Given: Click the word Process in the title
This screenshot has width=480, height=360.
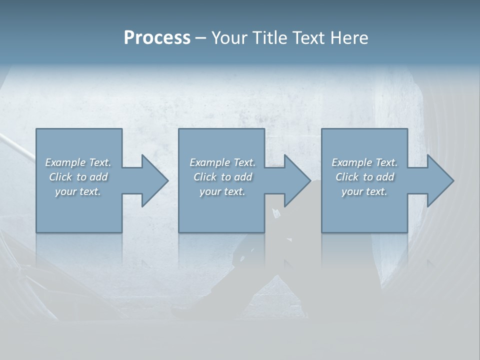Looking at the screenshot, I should (x=157, y=38).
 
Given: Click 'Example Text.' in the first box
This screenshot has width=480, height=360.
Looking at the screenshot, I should (x=78, y=162).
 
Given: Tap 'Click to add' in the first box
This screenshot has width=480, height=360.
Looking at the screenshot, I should (x=78, y=177).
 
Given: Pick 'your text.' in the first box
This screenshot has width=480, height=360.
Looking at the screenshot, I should (x=78, y=191).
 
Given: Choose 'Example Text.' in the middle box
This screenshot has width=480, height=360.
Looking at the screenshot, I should (x=222, y=162).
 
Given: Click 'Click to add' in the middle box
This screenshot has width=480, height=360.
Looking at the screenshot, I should (x=222, y=177).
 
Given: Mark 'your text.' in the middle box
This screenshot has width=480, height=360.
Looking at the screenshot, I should (x=222, y=191).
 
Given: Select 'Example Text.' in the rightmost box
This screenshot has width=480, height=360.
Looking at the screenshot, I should (x=364, y=162).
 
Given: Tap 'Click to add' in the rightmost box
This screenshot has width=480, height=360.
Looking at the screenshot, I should (x=364, y=177).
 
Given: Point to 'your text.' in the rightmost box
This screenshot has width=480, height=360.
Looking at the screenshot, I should (x=364, y=191).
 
